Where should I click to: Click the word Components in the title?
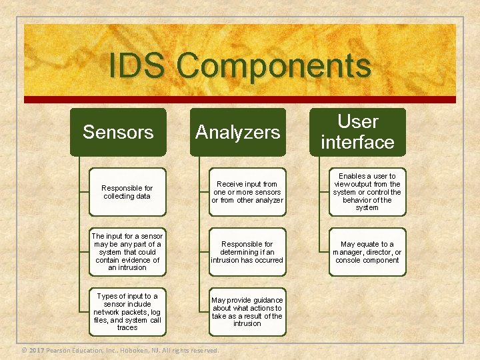[x=274, y=66]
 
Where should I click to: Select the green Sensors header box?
[x=118, y=132]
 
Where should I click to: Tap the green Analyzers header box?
[x=238, y=132]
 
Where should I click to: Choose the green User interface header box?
[x=357, y=132]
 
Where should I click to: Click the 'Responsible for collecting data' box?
[x=127, y=192]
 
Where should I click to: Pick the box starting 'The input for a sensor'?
[x=127, y=252]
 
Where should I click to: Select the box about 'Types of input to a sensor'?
[x=127, y=312]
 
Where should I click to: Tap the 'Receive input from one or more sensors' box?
[x=247, y=192]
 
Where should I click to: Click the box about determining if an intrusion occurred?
[x=247, y=252]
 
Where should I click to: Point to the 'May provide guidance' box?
[x=247, y=312]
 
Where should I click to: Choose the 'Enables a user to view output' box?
[x=367, y=192]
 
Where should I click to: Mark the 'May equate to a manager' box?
[x=367, y=252]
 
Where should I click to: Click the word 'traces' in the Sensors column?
[x=127, y=328]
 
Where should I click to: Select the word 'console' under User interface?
[x=349, y=260]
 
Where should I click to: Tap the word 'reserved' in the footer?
[x=204, y=350]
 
